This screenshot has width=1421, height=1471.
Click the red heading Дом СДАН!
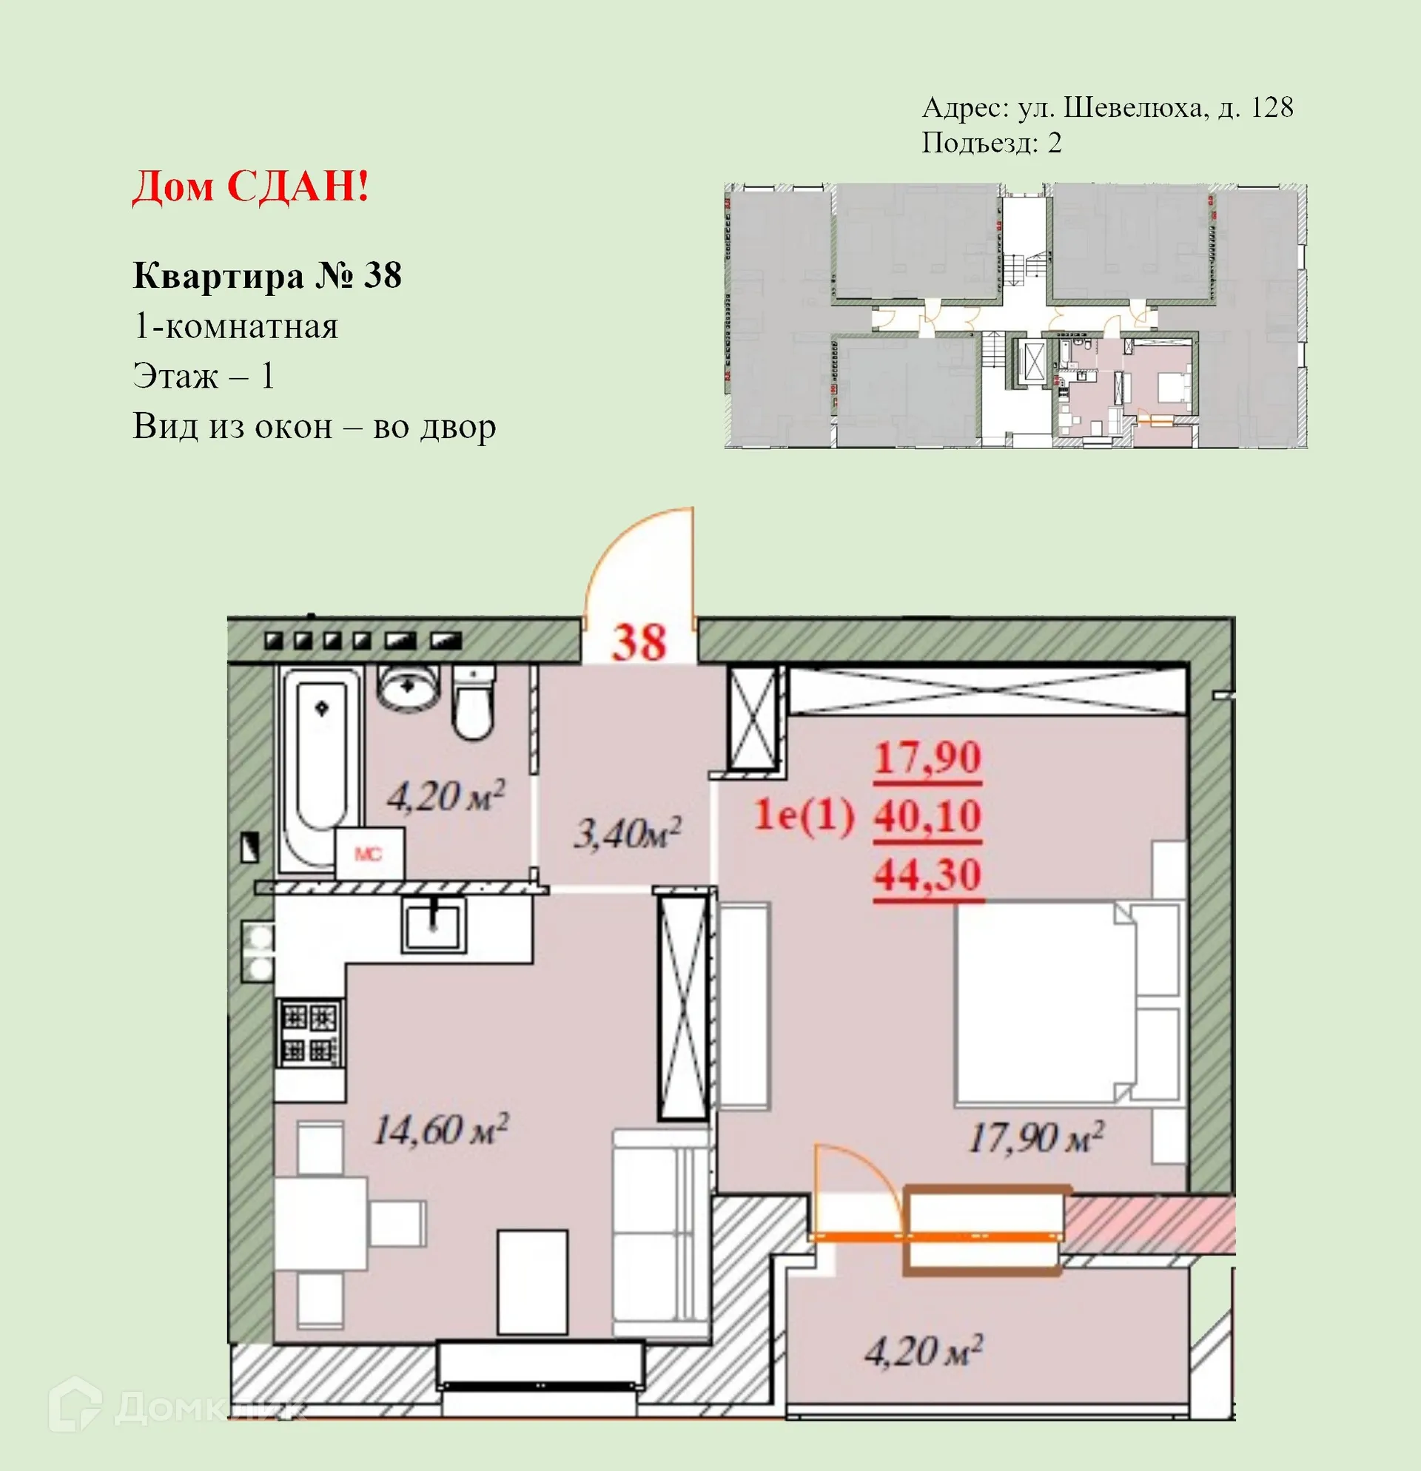click(x=251, y=186)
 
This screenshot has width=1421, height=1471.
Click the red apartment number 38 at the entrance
click(x=639, y=642)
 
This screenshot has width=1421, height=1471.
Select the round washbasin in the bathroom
click(x=408, y=687)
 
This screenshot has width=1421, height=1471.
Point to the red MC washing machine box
click(x=369, y=854)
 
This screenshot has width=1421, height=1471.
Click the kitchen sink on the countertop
click(x=433, y=925)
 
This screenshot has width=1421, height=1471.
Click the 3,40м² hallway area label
click(x=628, y=833)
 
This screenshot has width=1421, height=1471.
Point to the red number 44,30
click(x=927, y=875)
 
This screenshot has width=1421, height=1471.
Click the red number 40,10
click(x=927, y=817)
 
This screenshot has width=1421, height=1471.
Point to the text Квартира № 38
click(x=267, y=276)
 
